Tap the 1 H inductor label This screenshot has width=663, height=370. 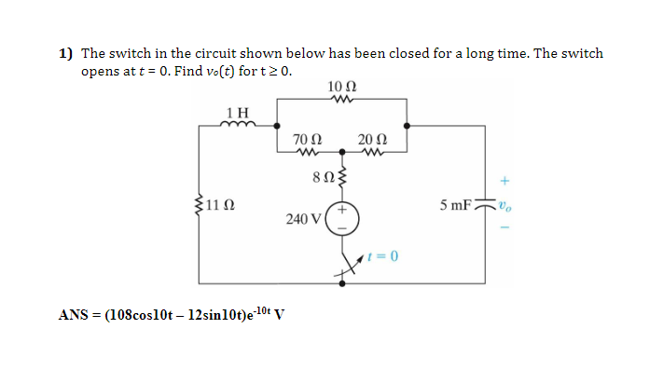pos(238,113)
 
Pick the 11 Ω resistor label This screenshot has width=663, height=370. pos(222,204)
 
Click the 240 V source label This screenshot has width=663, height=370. pos(305,220)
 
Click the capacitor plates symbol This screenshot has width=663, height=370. pos(484,205)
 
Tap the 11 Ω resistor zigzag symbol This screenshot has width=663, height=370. pos(202,203)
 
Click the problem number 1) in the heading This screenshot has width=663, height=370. pos(66,54)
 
